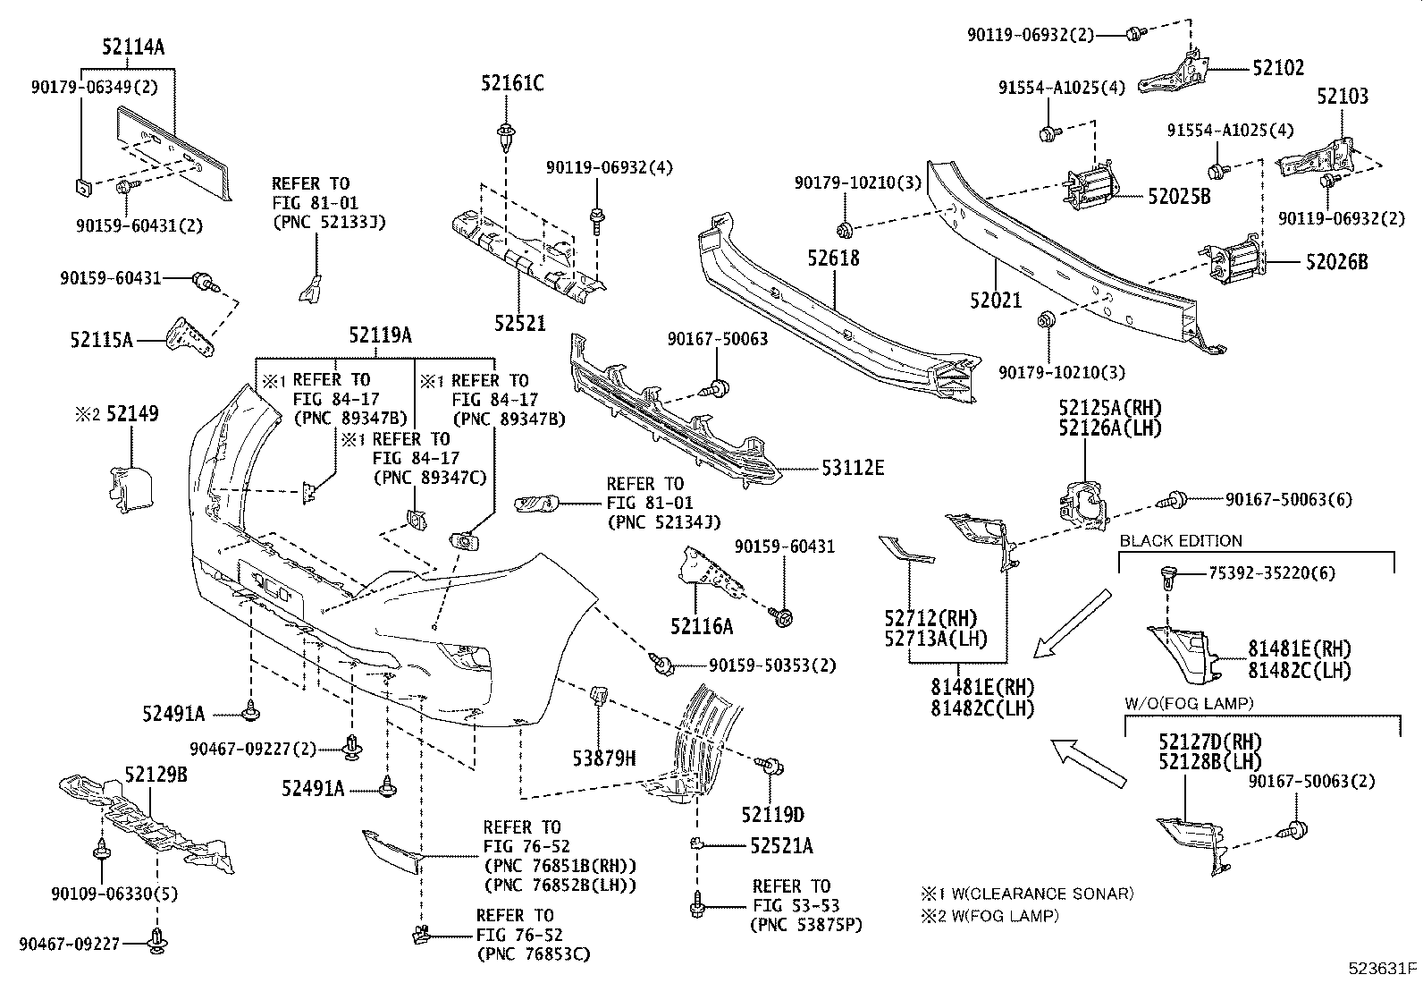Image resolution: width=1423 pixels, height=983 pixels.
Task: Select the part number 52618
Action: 833,258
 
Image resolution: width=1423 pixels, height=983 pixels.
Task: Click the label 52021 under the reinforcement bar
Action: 995,300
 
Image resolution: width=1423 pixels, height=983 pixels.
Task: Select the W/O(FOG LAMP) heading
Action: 1189,703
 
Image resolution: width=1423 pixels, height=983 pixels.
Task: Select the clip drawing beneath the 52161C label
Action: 506,136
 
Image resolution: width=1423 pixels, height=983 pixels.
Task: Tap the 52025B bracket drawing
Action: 1090,190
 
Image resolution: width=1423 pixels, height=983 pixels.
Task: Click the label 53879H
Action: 604,758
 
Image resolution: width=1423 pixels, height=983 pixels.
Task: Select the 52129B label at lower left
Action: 156,775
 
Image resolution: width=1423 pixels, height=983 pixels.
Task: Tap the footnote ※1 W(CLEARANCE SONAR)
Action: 1027,893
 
